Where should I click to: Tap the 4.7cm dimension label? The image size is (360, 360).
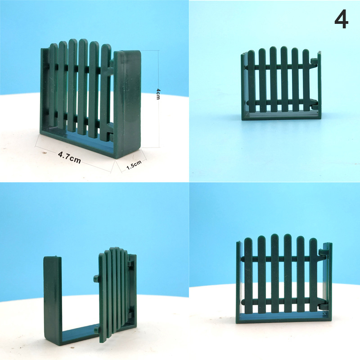click(x=69, y=157)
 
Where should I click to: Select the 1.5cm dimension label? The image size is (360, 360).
click(x=134, y=165)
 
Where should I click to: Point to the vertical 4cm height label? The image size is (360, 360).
click(x=158, y=94)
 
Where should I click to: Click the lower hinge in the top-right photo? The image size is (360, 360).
click(x=315, y=106)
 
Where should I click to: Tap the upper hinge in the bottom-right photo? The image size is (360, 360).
click(x=324, y=252)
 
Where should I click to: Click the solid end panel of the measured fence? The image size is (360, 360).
click(x=128, y=103)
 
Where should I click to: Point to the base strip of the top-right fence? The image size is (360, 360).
click(x=281, y=116)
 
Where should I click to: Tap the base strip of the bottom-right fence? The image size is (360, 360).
click(x=284, y=319)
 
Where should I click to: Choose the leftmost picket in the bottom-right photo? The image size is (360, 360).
click(x=248, y=275)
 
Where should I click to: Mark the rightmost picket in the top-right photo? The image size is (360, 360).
click(x=306, y=81)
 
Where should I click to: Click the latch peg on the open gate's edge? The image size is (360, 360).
click(x=96, y=278)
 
